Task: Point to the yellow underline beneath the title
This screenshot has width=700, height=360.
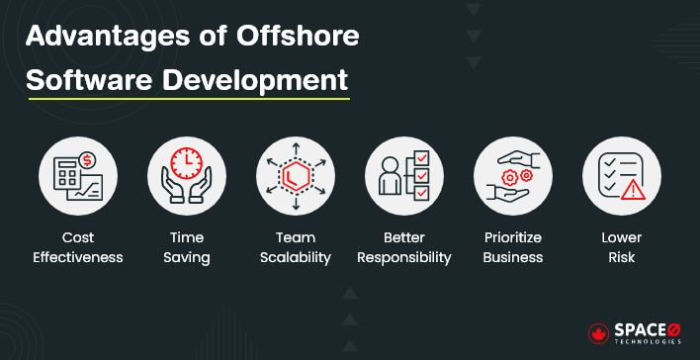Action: point(188,98)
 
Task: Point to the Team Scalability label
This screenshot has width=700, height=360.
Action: point(295,247)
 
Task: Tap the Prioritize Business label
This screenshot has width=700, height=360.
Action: point(513,247)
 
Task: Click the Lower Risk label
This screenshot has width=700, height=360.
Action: point(622,247)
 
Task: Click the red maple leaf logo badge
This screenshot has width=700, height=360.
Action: point(599,332)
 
